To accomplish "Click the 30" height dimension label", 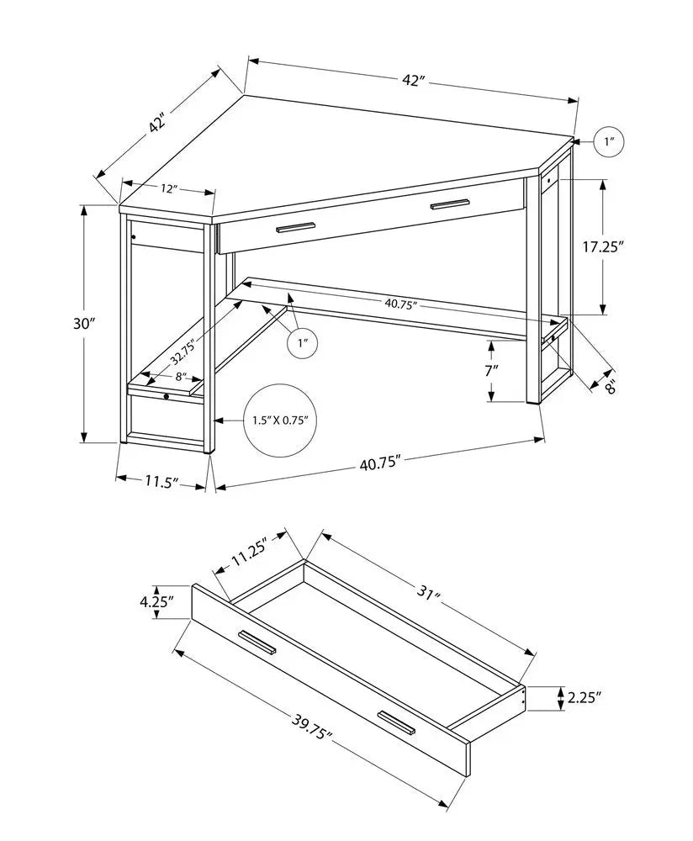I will [86, 324].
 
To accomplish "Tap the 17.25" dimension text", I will [605, 246].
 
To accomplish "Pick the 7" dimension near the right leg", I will [490, 369].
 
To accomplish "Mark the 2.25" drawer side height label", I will [584, 697].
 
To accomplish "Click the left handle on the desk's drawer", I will [294, 226].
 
